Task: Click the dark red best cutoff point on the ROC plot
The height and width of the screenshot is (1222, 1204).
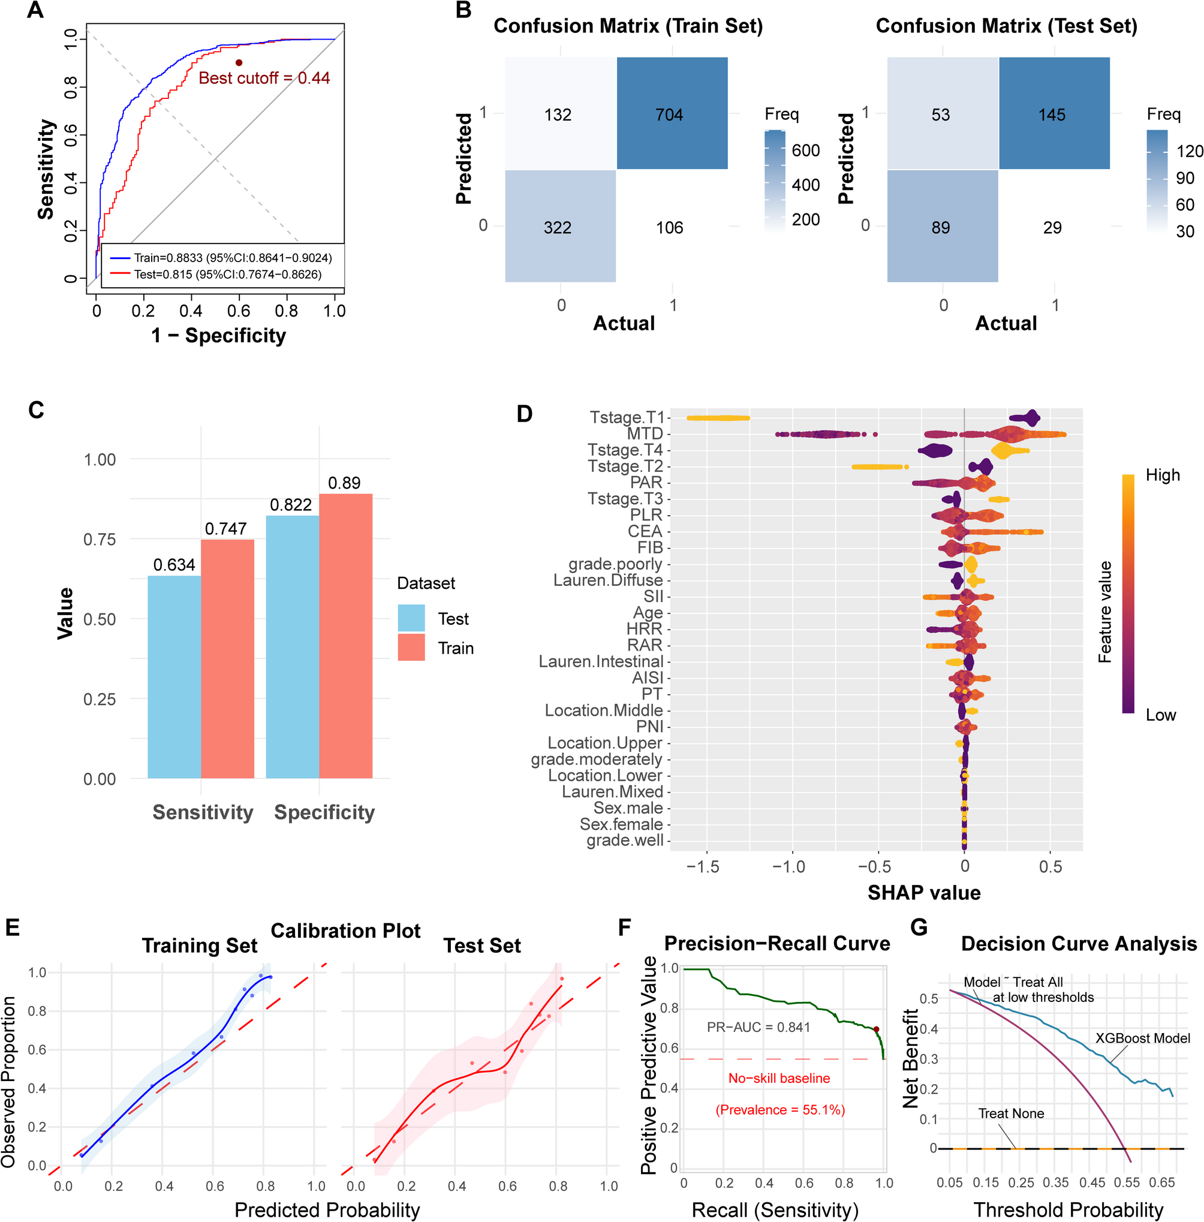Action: click(239, 62)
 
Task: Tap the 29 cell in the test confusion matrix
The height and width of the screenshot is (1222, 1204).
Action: click(1052, 227)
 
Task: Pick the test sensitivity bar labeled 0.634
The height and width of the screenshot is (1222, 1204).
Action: click(174, 677)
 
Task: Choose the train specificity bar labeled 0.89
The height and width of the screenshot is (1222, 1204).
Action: click(345, 636)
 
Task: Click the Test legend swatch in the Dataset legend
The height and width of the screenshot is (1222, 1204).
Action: click(411, 618)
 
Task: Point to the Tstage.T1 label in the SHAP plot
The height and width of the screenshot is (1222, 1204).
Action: click(627, 417)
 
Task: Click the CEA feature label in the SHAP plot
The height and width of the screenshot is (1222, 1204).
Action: click(645, 531)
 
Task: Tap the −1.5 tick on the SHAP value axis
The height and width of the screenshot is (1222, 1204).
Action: click(703, 866)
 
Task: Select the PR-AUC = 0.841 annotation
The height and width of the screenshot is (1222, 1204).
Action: click(757, 1027)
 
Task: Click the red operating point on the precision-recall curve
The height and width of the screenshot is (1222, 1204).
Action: click(876, 1029)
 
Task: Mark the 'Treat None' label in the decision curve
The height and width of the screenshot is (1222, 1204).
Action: click(1010, 1113)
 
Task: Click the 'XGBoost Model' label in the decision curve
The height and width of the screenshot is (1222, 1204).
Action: click(1142, 1038)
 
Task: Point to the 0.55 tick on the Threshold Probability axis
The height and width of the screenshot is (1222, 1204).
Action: click(1126, 1182)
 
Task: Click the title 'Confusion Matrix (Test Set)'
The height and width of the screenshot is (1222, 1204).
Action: click(1006, 26)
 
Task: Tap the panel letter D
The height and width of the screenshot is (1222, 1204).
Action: click(524, 414)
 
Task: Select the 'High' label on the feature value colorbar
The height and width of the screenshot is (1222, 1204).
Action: click(1162, 475)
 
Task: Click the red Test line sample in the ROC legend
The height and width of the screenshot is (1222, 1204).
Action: click(120, 274)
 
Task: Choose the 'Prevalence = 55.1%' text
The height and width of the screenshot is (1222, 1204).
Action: click(779, 1110)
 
